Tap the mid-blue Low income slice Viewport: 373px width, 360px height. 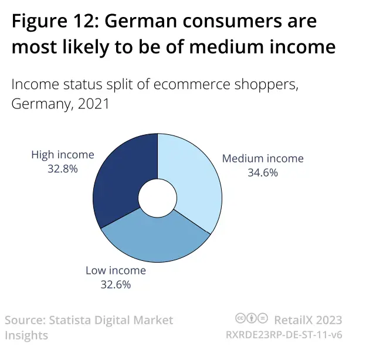point(155,240)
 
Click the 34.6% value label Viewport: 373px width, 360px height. point(262,173)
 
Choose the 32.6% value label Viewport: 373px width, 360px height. point(116,285)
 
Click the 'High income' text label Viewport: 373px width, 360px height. point(62,155)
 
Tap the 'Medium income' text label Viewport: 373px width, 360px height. point(262,159)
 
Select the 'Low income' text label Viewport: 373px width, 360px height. point(116,271)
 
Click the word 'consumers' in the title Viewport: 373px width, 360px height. point(240,22)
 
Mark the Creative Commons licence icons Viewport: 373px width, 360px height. point(252,319)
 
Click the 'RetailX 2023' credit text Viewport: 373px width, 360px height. point(307,320)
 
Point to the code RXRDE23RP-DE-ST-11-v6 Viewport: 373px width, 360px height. point(284,335)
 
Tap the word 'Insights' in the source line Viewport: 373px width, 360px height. point(26,335)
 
